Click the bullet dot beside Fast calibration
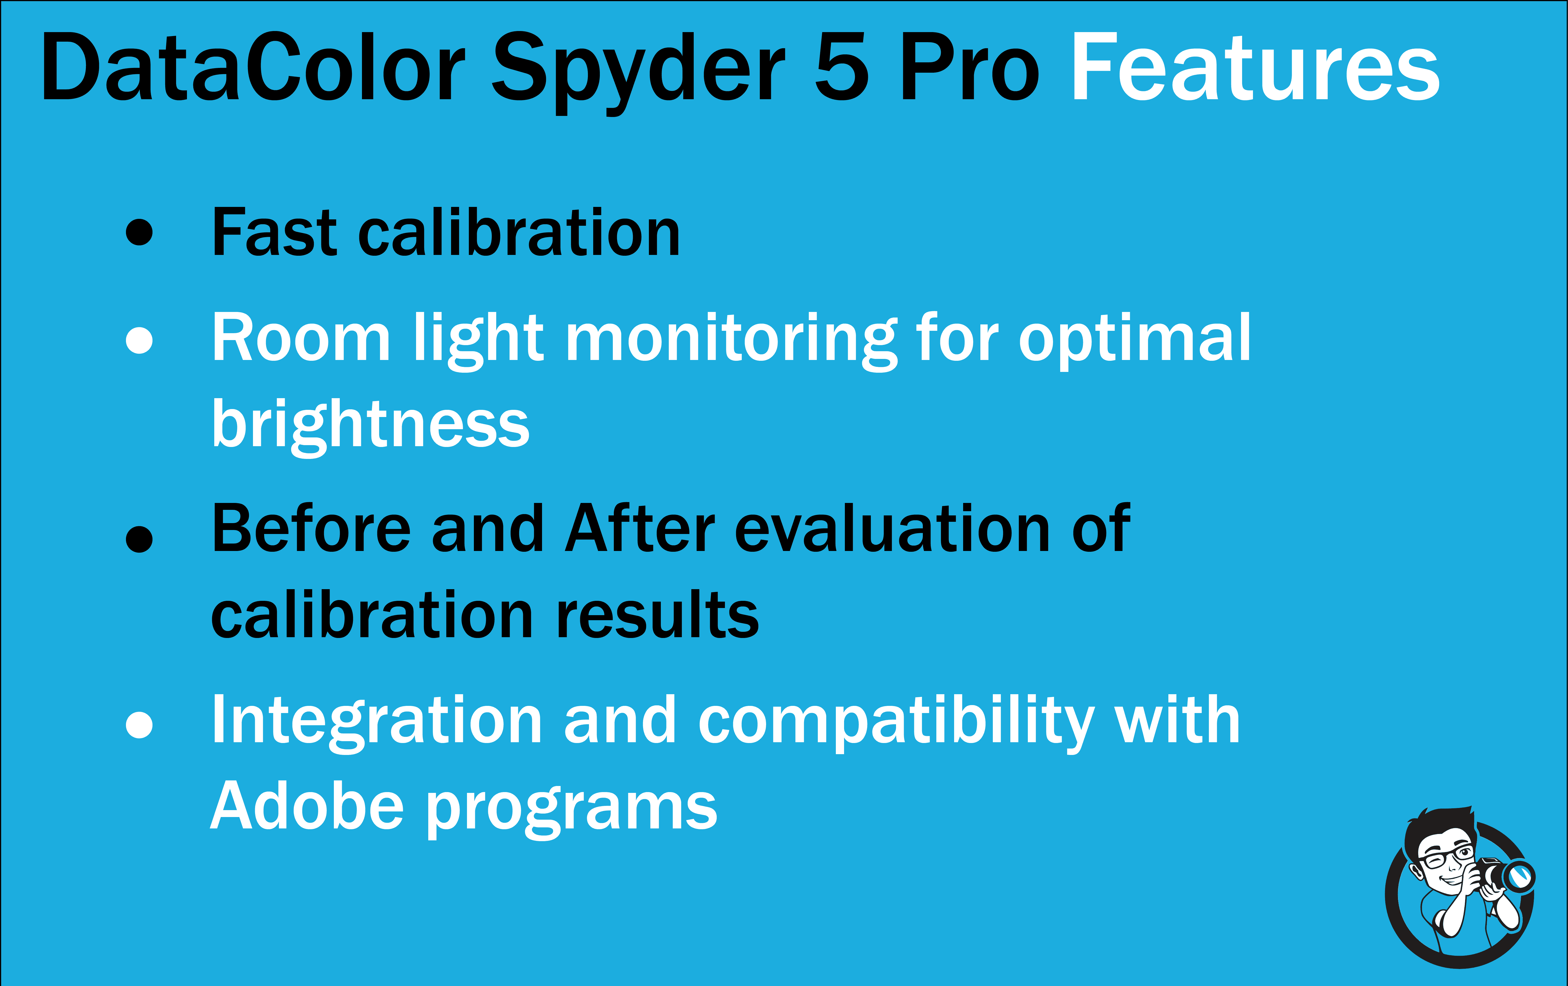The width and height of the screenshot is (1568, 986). [139, 232]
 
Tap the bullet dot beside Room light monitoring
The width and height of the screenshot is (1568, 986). [139, 339]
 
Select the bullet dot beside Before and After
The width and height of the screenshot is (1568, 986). [139, 538]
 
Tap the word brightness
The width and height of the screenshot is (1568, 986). [370, 425]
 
